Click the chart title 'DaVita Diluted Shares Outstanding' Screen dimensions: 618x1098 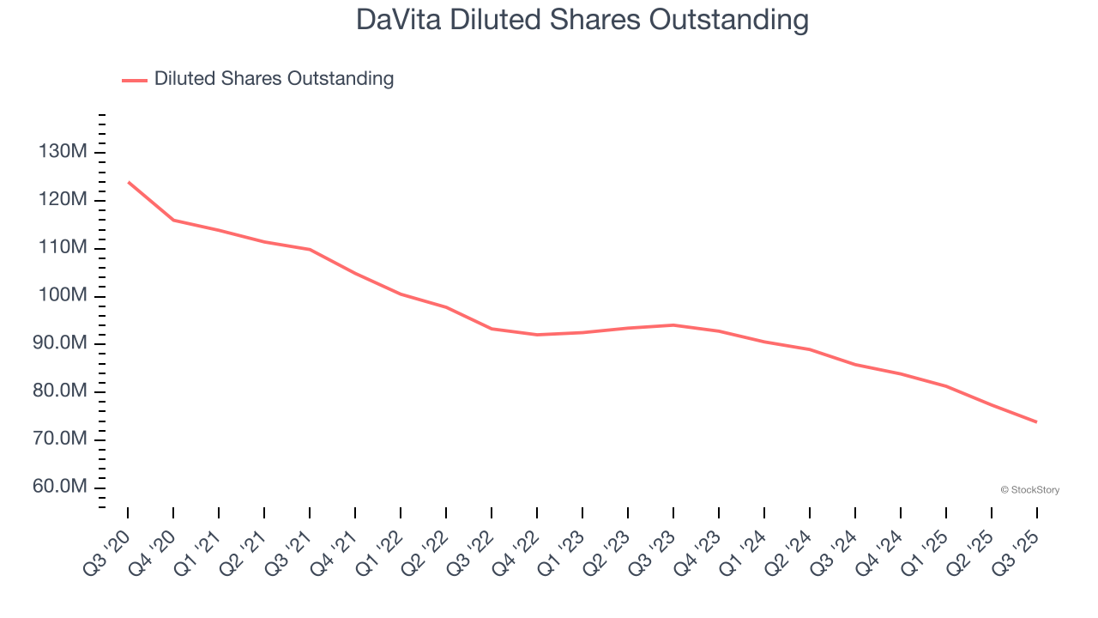(582, 20)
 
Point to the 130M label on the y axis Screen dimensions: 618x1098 (63, 152)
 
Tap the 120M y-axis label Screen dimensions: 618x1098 (63, 200)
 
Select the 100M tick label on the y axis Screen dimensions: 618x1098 (63, 296)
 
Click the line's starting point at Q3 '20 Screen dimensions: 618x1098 (128, 182)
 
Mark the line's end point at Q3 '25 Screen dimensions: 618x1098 (1036, 421)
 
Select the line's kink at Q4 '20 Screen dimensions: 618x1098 (173, 220)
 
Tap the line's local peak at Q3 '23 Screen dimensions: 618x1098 (673, 324)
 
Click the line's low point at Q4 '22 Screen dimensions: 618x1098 (537, 335)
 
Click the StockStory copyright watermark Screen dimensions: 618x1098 (1029, 490)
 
